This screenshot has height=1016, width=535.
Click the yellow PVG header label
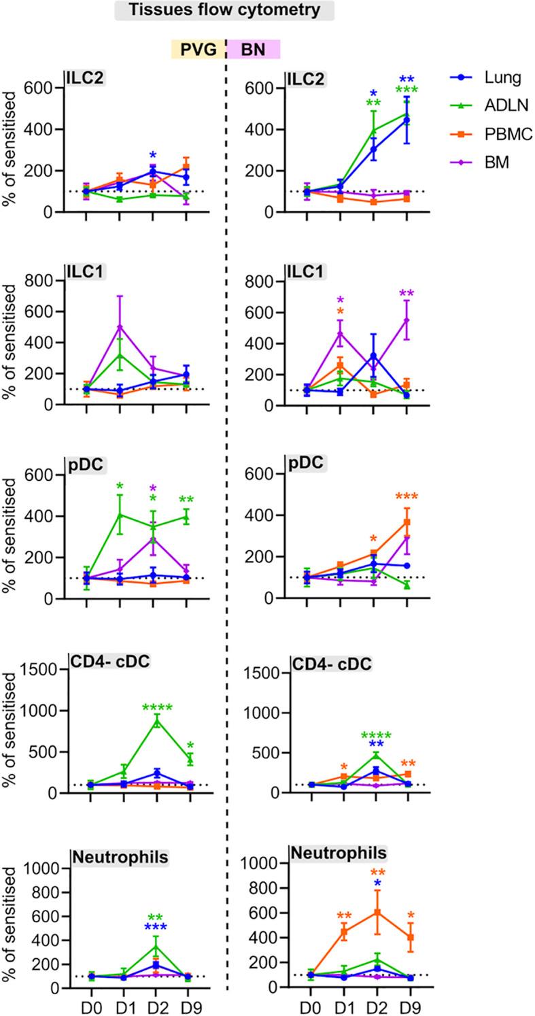197,50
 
